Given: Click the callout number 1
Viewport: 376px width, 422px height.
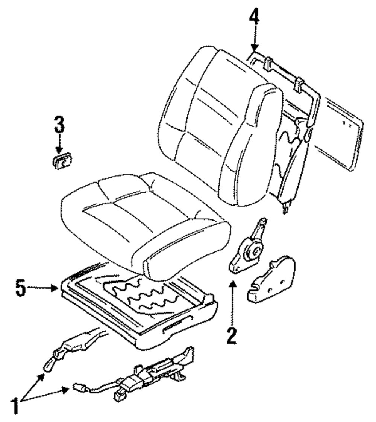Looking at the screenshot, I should pos(15,405).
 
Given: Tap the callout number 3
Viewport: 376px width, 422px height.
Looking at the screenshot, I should pos(59,126).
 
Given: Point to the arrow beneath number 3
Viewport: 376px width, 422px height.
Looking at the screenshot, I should pos(59,145).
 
